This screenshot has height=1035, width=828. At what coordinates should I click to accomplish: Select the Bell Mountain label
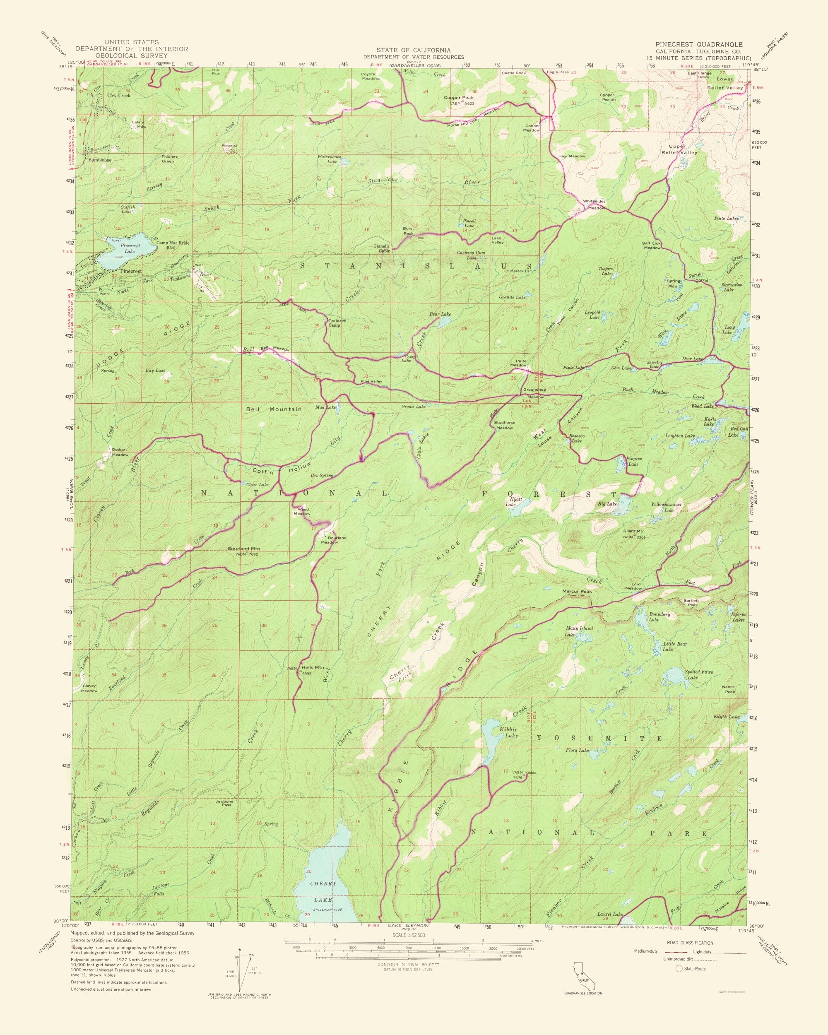tap(274, 409)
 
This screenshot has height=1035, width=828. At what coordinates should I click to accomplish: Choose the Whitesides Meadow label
tap(594, 205)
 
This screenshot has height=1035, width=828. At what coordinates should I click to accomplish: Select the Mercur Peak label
tap(577, 592)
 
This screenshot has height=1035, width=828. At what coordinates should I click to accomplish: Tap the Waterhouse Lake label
tap(329, 159)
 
